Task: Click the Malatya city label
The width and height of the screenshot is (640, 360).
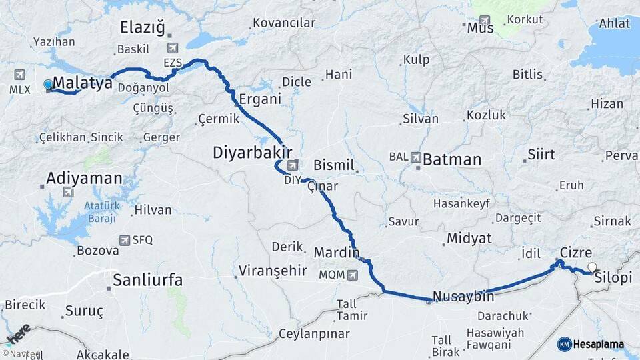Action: [x=82, y=83]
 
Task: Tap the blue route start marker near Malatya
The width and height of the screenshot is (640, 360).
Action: [x=48, y=85]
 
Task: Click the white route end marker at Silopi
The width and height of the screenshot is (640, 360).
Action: [x=591, y=268]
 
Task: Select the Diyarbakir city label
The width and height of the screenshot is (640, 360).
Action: [x=253, y=152]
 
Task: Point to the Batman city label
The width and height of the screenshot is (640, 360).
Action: [x=452, y=159]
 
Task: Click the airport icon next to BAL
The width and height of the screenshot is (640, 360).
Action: [x=416, y=158]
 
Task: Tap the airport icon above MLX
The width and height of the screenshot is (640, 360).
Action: [x=18, y=75]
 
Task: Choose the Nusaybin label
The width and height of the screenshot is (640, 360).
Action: [x=463, y=297]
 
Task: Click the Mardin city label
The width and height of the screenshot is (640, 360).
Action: [x=337, y=253]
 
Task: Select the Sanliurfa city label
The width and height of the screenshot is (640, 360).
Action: [x=147, y=280]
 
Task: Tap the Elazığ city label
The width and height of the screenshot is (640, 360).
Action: [x=142, y=27]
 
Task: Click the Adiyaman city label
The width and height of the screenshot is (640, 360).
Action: [x=84, y=179]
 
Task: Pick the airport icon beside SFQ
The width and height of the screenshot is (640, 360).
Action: [x=125, y=240]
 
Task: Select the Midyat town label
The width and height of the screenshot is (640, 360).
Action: [x=469, y=238]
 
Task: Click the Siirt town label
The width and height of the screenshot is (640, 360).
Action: [x=541, y=155]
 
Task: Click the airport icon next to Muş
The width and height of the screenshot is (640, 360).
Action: [x=485, y=21]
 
